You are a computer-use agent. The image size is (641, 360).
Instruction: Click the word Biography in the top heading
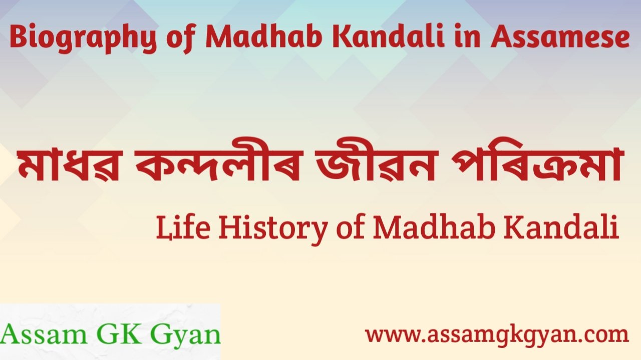83,39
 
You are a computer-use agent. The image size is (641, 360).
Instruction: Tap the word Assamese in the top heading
560,37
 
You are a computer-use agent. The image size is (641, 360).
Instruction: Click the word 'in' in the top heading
467,37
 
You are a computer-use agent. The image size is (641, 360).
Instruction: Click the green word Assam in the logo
44,334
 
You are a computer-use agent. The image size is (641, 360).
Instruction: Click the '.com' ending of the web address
602,335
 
